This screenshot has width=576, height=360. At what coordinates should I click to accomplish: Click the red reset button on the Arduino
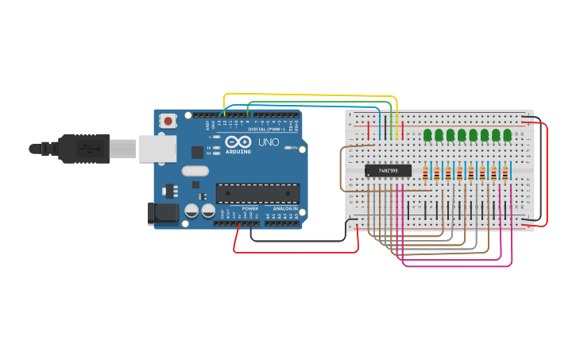(x=168, y=121)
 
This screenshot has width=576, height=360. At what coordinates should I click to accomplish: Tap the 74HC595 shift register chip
(x=389, y=170)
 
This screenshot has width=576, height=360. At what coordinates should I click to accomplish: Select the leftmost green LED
(x=427, y=135)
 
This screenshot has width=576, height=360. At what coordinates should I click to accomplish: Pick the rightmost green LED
(x=507, y=135)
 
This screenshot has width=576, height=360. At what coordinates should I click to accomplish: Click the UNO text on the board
(x=268, y=142)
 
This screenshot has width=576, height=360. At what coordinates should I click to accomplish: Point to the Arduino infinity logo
(x=238, y=140)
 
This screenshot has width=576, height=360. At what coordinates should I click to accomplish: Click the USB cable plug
(x=79, y=149)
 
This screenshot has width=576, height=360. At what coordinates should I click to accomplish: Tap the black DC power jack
(x=163, y=213)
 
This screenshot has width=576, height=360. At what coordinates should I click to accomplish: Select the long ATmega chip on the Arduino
(x=257, y=193)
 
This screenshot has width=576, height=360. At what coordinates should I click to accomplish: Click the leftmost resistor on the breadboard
(x=426, y=172)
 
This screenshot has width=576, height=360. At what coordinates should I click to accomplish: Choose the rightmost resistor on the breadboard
(x=505, y=172)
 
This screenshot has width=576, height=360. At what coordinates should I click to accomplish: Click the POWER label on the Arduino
(x=250, y=209)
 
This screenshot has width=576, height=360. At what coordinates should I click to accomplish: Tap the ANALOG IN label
(x=284, y=209)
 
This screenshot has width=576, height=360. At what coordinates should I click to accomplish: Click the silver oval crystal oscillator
(x=195, y=170)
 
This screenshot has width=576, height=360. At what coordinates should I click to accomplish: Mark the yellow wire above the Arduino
(x=310, y=95)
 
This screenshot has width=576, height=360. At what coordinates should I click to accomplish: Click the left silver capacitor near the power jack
(x=191, y=211)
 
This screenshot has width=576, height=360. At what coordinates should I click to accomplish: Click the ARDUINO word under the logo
(x=238, y=151)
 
